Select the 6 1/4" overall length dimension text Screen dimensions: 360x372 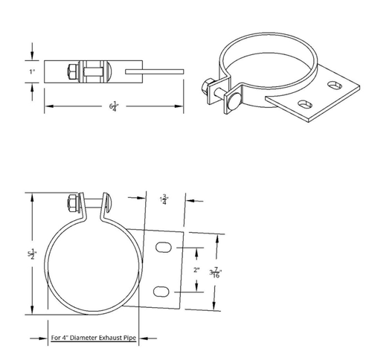(114, 108)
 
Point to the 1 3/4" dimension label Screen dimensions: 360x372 (164, 200)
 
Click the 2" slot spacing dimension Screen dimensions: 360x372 (196, 270)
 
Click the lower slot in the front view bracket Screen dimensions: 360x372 (163, 291)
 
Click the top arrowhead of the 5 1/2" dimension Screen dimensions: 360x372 (31, 195)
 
